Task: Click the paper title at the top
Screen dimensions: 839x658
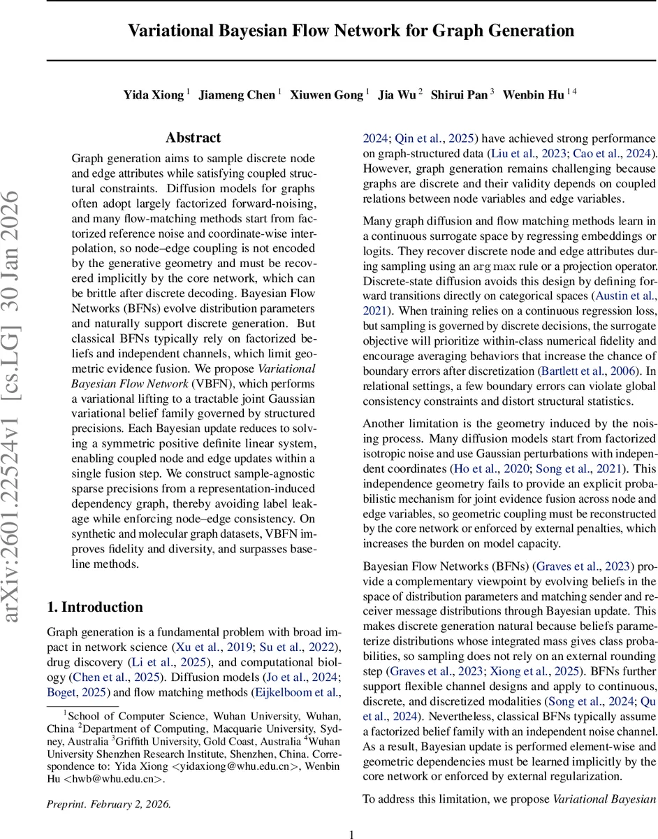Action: (x=351, y=31)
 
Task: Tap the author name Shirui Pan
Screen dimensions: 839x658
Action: (x=459, y=95)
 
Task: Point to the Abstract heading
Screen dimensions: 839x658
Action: (x=193, y=138)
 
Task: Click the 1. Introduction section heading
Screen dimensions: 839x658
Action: (x=94, y=607)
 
